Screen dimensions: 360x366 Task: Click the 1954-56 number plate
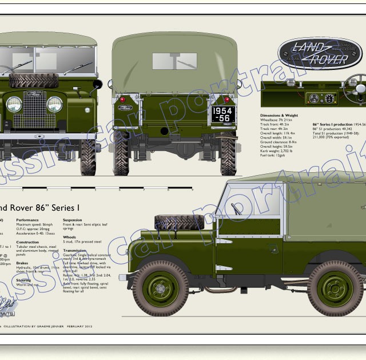click(223, 114)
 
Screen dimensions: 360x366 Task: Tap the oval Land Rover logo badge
click(312, 53)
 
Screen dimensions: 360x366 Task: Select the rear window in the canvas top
click(174, 61)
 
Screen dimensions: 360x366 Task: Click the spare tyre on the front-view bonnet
click(34, 81)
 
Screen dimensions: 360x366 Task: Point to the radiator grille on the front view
click(34, 112)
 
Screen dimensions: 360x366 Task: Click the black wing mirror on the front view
click(97, 84)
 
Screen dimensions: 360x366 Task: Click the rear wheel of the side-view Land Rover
click(335, 287)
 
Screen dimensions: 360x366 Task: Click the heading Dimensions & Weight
click(280, 116)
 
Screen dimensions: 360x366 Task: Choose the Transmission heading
click(75, 250)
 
